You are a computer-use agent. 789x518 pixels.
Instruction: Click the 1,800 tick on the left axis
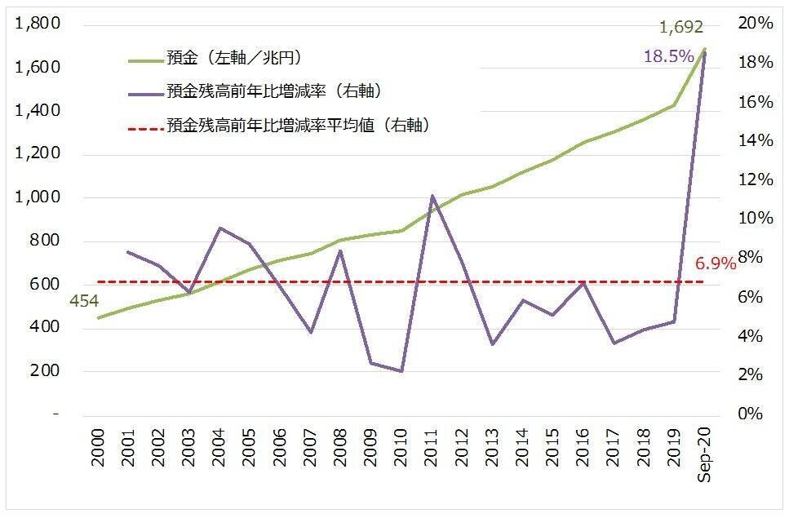[x=38, y=24]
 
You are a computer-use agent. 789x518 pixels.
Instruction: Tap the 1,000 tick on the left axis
[x=38, y=197]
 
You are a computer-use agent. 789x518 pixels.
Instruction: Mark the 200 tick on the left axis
[x=44, y=371]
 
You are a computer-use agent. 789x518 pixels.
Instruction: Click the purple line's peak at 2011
[x=432, y=196]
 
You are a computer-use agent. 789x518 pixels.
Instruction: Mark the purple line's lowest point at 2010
[x=401, y=371]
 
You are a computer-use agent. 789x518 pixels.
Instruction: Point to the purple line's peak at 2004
[x=219, y=228]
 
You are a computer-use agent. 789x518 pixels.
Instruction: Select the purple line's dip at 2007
[x=310, y=332]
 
